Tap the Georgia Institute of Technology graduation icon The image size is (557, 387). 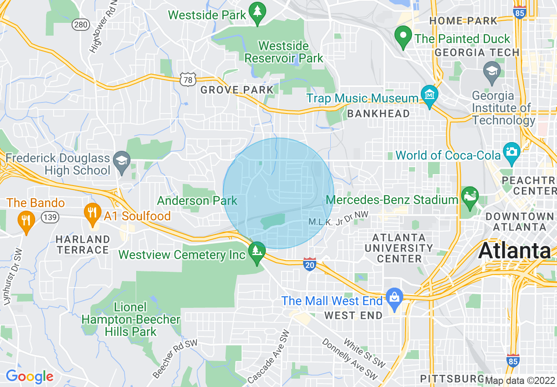[x=492, y=70]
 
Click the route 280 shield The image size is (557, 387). [x=81, y=25]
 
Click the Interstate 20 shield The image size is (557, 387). [x=310, y=264]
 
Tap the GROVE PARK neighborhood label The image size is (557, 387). [x=237, y=90]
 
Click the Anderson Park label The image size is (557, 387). [x=197, y=201]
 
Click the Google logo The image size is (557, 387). [x=29, y=376]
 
